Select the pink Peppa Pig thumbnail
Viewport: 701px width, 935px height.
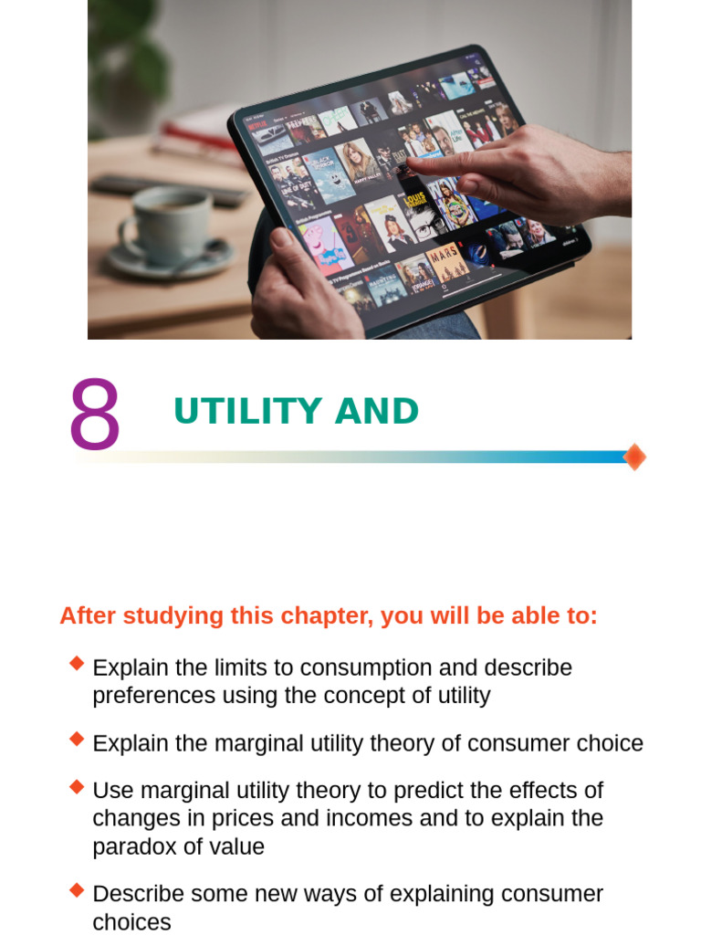point(324,245)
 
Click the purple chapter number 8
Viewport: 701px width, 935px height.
point(94,415)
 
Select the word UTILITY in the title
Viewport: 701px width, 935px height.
point(247,412)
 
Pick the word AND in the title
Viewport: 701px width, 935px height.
point(376,412)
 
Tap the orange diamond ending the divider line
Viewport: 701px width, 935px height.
point(634,457)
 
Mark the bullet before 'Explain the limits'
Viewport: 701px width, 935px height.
point(77,663)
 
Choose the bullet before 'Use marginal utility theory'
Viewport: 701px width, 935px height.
point(77,785)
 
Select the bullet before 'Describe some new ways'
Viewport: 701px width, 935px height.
point(77,888)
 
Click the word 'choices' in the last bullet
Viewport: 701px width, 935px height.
point(131,921)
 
